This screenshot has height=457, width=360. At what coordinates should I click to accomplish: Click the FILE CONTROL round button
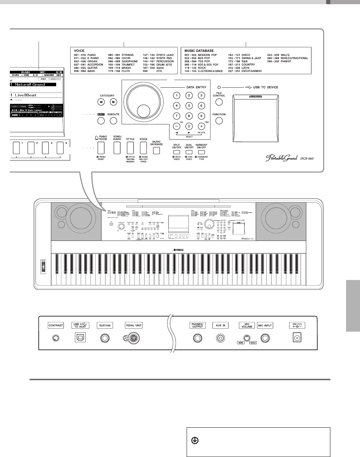point(219,102)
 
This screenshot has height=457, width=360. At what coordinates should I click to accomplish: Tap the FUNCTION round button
point(219,121)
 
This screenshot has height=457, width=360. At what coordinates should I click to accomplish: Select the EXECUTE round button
point(113,121)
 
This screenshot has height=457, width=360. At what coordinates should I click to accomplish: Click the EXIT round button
point(101,121)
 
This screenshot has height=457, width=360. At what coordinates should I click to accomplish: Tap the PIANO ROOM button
point(101,148)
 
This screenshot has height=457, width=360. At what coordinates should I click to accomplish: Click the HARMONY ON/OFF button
point(201,152)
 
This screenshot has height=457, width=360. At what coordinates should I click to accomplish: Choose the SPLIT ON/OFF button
point(177,152)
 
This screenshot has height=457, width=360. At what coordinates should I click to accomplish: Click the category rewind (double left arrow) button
point(101,102)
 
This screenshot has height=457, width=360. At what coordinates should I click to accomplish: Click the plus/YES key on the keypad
point(201,126)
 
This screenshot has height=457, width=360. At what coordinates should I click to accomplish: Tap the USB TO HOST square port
point(80,338)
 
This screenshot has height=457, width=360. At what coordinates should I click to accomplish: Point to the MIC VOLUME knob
point(247,338)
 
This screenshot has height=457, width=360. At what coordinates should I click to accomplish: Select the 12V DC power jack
point(298,338)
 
